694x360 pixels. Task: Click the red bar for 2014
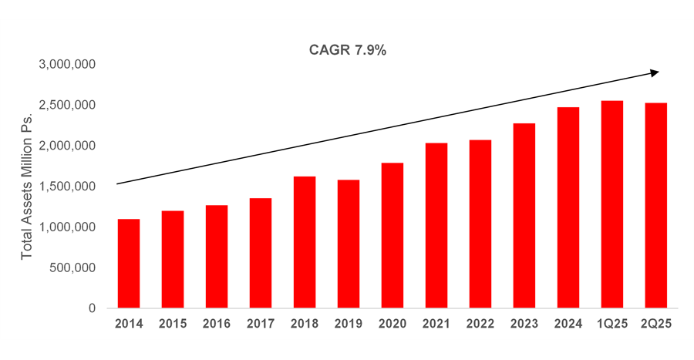tap(129, 264)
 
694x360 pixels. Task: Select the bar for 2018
tap(304, 242)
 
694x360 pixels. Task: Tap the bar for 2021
tap(436, 226)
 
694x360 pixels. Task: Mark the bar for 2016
tap(217, 257)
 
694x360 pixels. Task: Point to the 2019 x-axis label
tap(348, 324)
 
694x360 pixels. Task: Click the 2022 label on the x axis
tap(480, 324)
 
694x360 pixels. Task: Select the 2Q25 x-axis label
tap(655, 324)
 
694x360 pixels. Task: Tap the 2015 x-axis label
tap(173, 324)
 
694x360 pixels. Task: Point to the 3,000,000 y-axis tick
tap(66, 64)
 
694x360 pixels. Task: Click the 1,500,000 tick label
tap(66, 187)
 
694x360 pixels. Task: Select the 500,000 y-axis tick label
tap(72, 267)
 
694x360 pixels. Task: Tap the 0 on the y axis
tap(91, 308)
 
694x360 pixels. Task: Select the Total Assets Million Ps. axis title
tap(27, 186)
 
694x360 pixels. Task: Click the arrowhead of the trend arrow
tap(655, 72)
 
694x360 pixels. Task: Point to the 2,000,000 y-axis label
tap(66, 146)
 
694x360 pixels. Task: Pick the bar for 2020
tap(392, 235)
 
